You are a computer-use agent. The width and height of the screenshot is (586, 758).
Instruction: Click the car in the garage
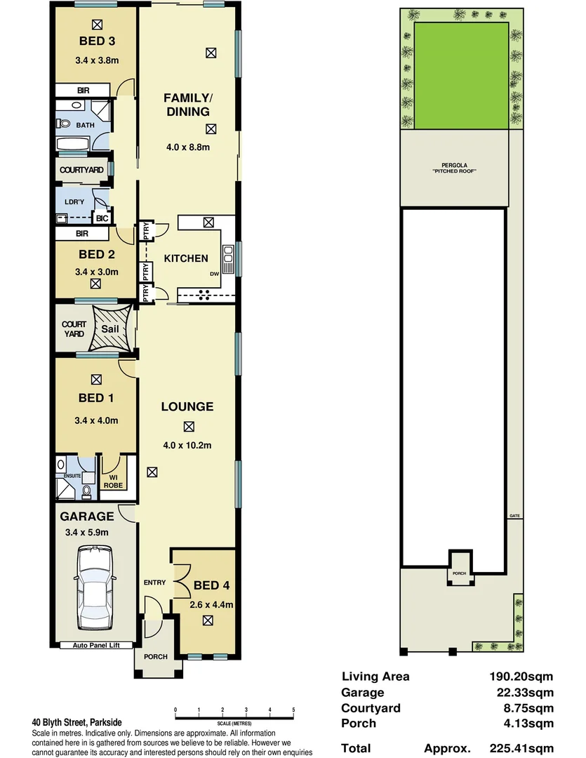(95, 589)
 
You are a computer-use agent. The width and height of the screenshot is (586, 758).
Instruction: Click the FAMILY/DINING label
(187, 104)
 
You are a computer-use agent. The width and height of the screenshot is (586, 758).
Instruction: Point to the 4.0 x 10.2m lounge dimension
(187, 444)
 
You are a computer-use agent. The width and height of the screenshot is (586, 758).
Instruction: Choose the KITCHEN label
(186, 258)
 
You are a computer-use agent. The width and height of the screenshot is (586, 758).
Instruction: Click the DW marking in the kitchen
(214, 274)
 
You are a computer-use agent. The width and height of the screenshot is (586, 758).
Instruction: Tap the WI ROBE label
(113, 481)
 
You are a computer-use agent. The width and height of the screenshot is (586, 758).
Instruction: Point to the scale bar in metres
(234, 716)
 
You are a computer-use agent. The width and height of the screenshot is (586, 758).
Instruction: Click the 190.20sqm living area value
(521, 677)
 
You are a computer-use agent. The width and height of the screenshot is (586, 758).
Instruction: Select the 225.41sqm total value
(521, 748)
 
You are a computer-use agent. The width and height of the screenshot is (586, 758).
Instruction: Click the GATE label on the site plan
(514, 516)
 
